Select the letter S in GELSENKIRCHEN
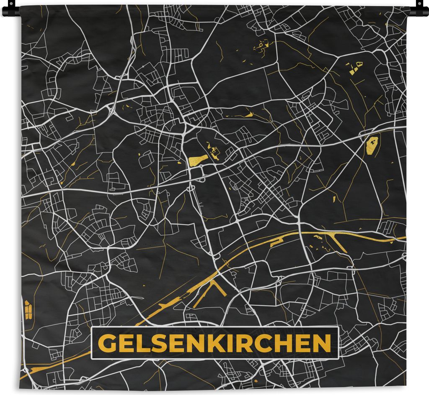point(154,344)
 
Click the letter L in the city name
point(140,344)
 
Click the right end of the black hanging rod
point(424,11)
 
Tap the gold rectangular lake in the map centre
point(198,160)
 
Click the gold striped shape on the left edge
point(28,309)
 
